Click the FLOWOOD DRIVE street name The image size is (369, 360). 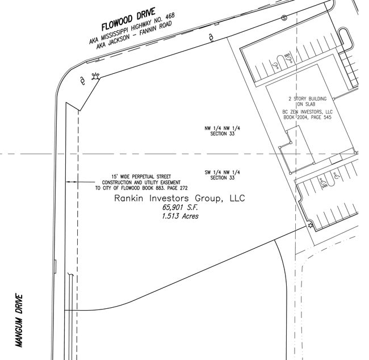128,19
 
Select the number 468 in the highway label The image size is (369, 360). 170,16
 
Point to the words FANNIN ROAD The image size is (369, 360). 156,28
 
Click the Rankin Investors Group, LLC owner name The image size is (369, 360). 179,198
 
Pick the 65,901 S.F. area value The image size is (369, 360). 180,207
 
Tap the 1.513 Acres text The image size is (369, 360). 180,216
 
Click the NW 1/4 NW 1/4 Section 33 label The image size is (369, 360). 222,131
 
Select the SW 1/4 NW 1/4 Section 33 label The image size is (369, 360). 222,175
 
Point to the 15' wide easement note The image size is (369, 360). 141,182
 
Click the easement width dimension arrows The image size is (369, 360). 72,182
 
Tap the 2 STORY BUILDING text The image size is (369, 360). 308,99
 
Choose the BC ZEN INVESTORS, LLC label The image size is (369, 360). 307,112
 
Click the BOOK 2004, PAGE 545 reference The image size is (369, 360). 307,117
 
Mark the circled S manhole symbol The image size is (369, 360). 284,18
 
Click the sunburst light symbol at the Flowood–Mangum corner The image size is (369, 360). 95,76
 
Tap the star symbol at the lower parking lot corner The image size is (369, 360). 311,225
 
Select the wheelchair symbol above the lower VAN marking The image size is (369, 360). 322,181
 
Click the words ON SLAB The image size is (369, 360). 306,104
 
